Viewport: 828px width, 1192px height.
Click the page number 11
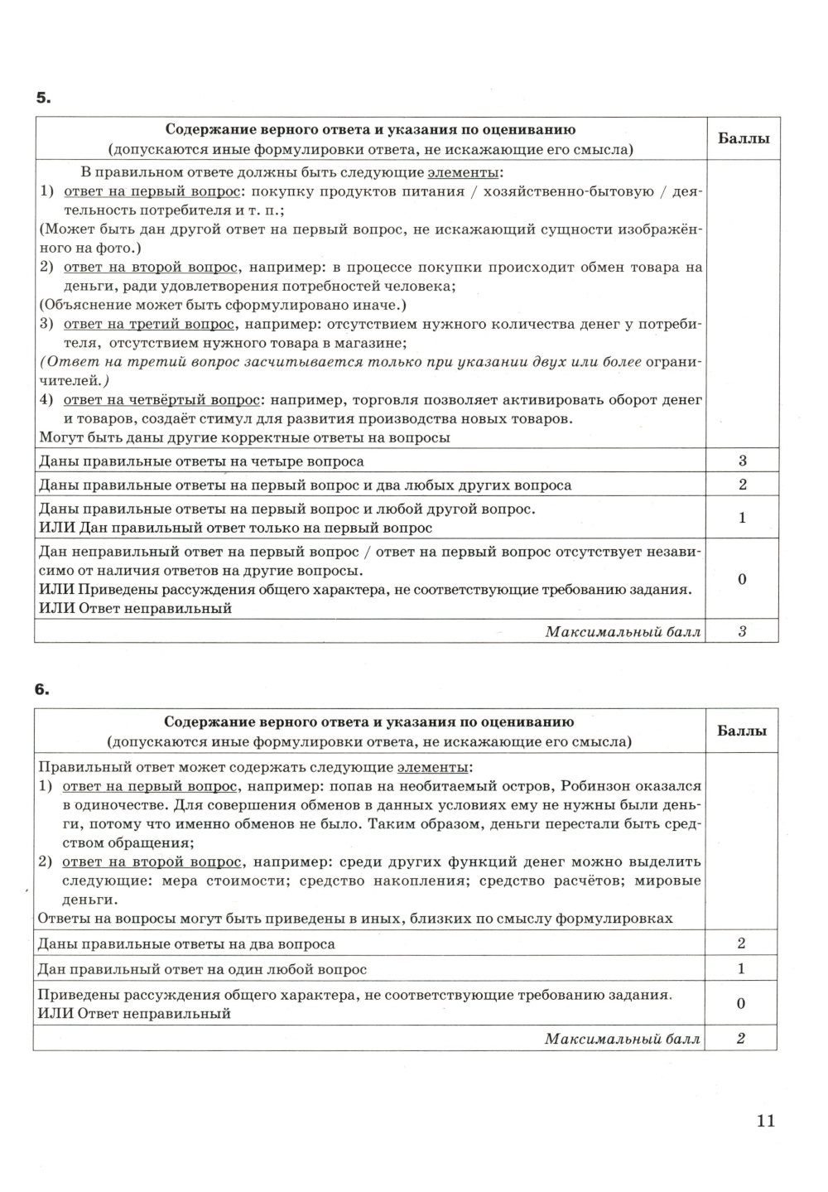pyautogui.click(x=765, y=1121)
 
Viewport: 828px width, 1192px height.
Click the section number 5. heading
pyautogui.click(x=43, y=99)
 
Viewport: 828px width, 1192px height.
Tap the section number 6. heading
pyautogui.click(x=43, y=690)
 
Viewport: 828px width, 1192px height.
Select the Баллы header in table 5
pyautogui.click(x=743, y=138)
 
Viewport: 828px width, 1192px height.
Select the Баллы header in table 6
pyautogui.click(x=741, y=731)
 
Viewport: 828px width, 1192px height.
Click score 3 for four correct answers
pyautogui.click(x=743, y=461)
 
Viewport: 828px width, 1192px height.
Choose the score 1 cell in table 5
pyautogui.click(x=743, y=518)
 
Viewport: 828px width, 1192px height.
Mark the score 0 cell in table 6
pyautogui.click(x=741, y=1003)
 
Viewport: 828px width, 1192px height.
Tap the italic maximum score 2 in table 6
pyautogui.click(x=741, y=1038)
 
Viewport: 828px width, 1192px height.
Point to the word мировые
pyautogui.click(x=667, y=881)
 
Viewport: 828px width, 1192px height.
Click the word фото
pyautogui.click(x=118, y=248)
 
